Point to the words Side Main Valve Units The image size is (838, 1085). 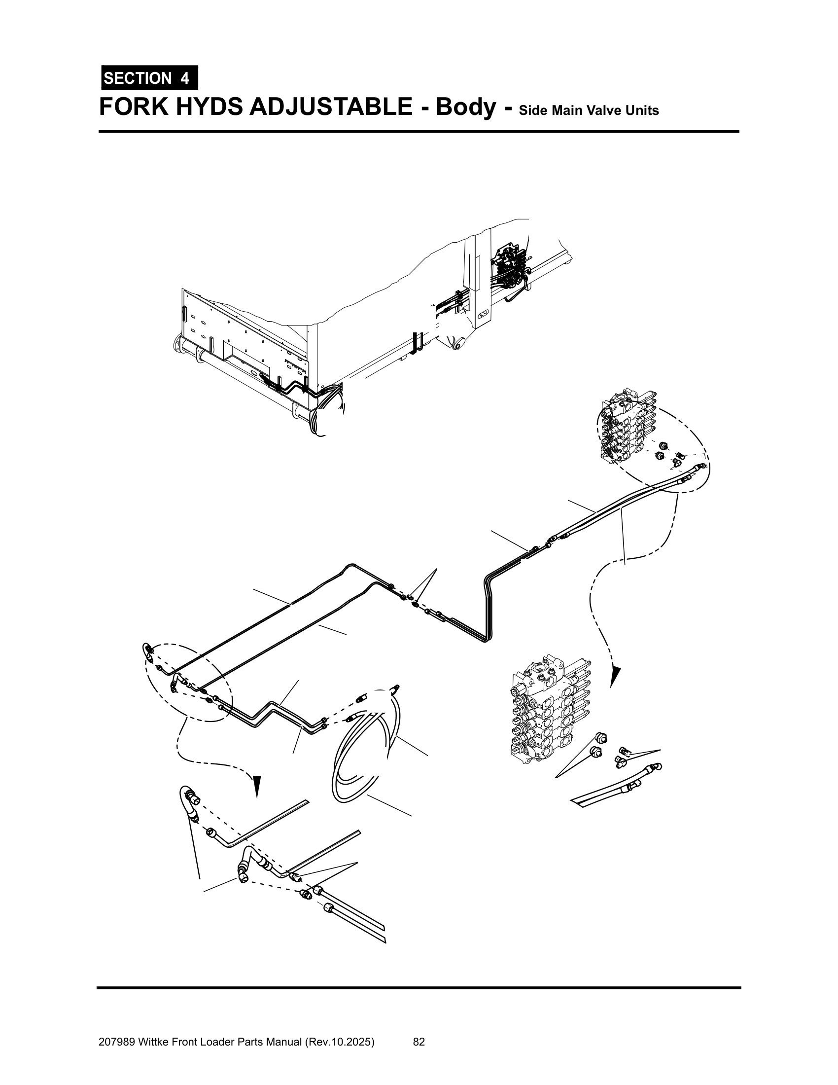pos(589,110)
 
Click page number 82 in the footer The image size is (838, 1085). pos(419,1042)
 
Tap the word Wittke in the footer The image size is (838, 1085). pos(152,1042)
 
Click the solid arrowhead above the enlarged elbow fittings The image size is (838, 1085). pos(257,786)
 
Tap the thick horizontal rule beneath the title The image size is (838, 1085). pos(419,132)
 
